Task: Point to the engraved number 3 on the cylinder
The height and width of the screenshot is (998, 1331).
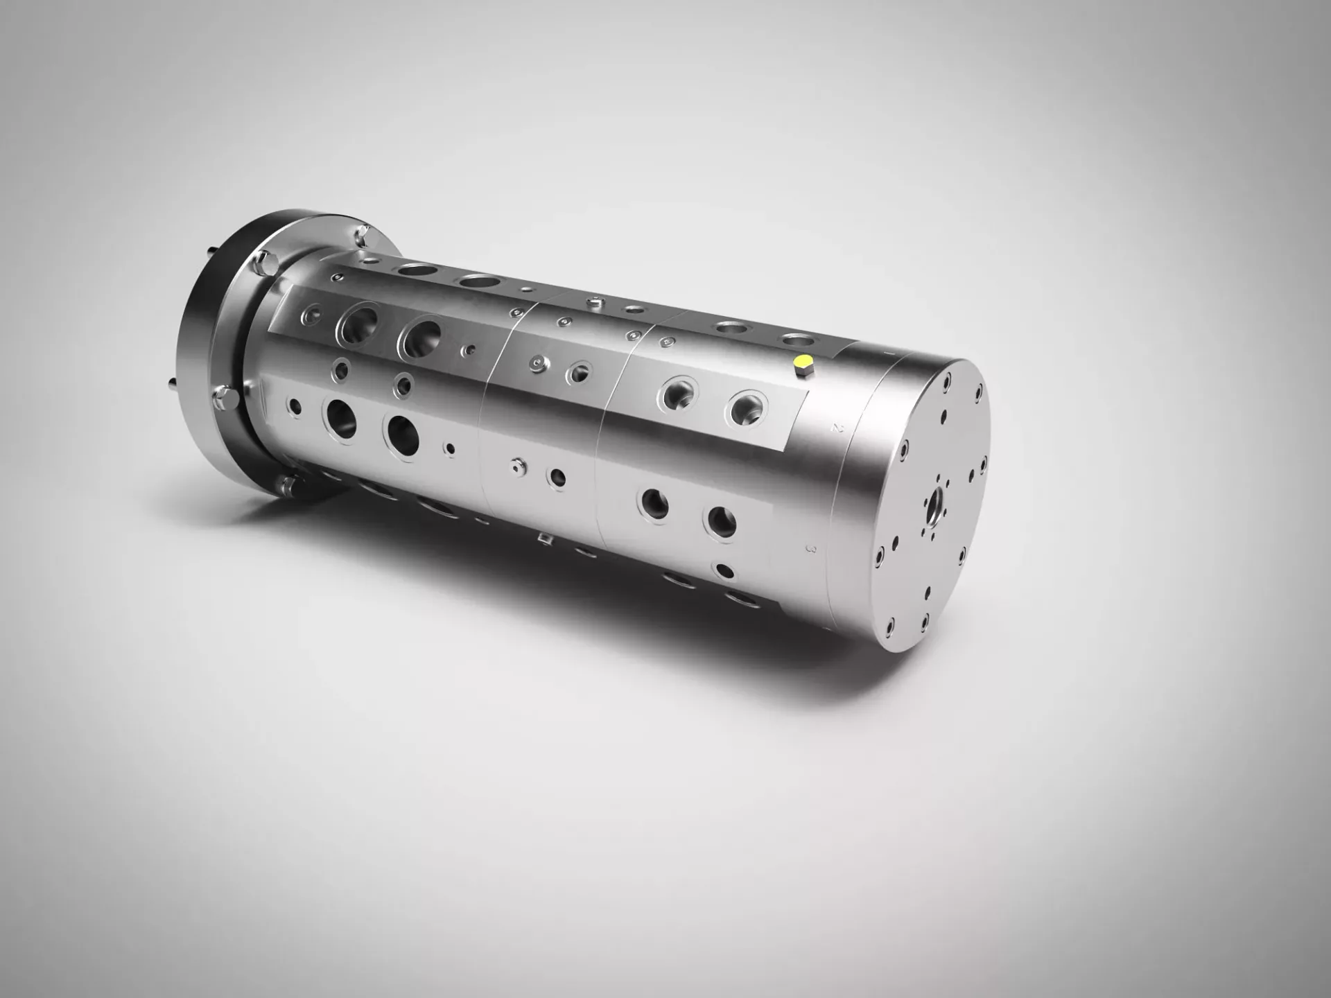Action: click(x=812, y=549)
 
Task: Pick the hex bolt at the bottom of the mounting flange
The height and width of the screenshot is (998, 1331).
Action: click(x=286, y=484)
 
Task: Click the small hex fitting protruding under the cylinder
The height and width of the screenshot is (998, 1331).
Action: click(x=544, y=538)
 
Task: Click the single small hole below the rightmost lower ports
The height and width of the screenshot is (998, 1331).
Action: click(x=724, y=572)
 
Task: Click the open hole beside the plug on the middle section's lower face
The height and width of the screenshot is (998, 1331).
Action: click(x=557, y=478)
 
